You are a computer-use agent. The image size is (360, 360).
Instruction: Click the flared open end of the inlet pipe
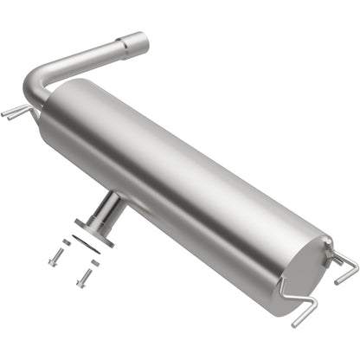coord(137,41)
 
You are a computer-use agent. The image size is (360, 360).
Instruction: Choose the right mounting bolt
coord(84,278)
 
